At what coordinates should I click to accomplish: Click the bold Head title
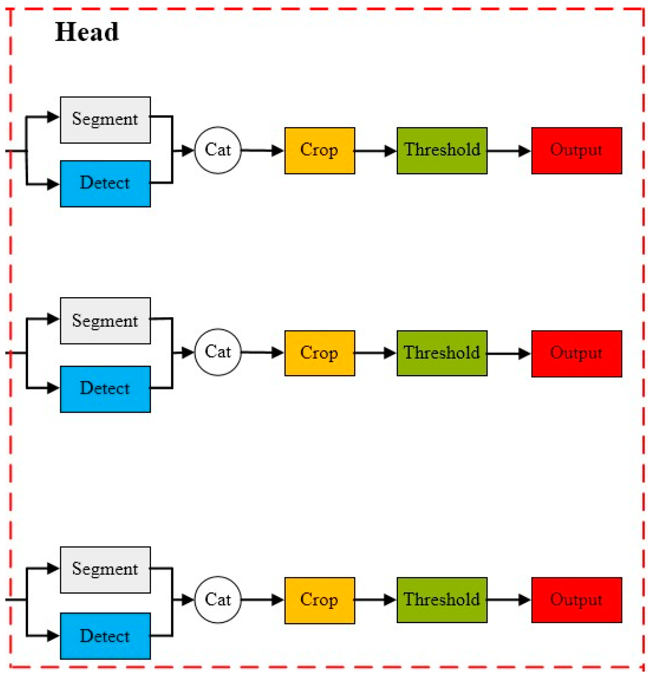pos(87,32)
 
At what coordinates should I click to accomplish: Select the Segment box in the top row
pos(105,120)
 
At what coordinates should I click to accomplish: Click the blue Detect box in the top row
pos(105,184)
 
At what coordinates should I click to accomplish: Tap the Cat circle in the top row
pos(218,150)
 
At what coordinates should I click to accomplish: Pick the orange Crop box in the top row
pos(320,151)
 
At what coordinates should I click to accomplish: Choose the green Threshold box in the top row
pos(442,151)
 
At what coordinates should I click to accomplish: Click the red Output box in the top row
pos(576,151)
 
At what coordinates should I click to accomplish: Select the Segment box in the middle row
pos(105,321)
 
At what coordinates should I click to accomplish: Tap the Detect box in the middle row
pos(105,389)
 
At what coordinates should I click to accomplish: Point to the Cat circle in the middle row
pos(218,352)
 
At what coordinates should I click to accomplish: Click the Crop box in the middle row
pos(320,353)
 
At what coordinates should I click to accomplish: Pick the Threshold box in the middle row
pos(442,353)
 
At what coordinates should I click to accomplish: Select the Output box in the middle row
pos(576,353)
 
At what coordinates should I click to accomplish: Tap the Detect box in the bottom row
pos(105,636)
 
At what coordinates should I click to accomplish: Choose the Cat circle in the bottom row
pos(218,600)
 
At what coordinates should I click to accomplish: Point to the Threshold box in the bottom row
pos(442,600)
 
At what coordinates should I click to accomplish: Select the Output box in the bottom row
pos(576,600)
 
